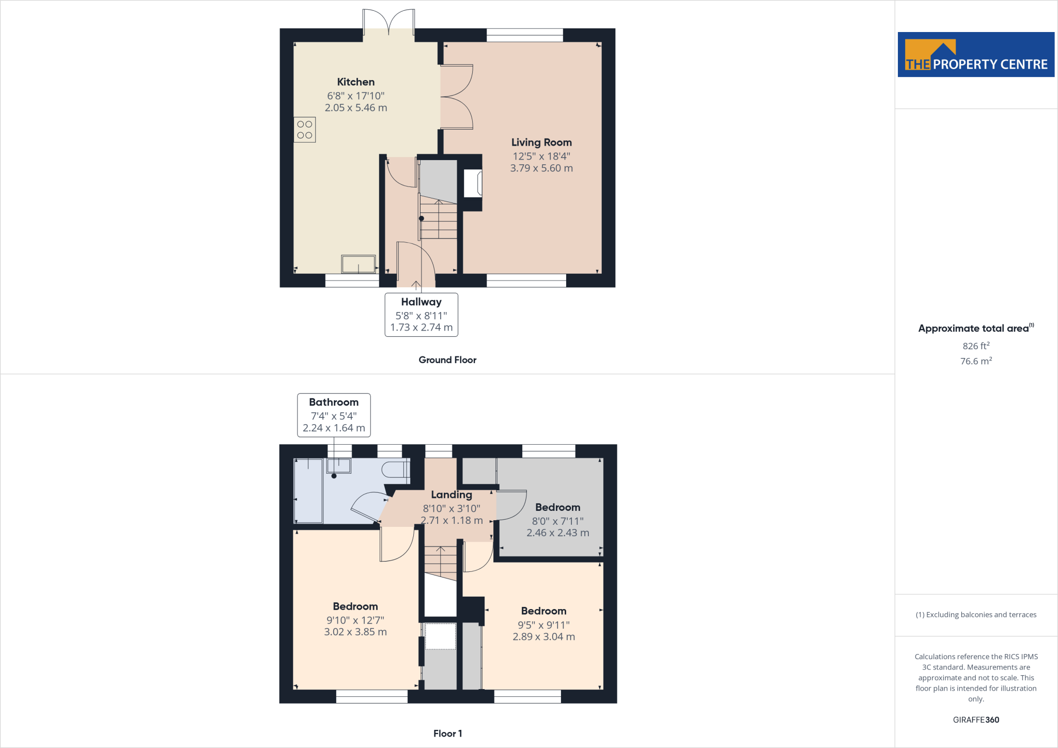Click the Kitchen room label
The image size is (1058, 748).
point(355,82)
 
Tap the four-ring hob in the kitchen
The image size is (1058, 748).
point(305,130)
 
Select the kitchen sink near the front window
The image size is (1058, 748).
point(358,264)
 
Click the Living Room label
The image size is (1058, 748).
point(541,142)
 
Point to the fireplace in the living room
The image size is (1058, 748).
point(473,183)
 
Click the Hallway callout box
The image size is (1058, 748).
point(421,315)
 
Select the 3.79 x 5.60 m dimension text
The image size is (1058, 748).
point(541,168)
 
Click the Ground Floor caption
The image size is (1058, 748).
point(447,360)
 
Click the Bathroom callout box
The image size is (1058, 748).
point(334,415)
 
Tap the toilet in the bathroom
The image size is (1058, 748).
point(395,470)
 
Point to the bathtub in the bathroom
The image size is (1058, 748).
point(308,490)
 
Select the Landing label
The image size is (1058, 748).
point(452,494)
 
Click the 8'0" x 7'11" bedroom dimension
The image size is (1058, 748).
point(557,521)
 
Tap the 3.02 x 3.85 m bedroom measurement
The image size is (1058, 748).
point(355,632)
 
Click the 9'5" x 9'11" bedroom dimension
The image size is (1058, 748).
point(543,625)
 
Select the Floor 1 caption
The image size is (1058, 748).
point(447,733)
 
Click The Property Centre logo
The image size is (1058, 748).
point(976,55)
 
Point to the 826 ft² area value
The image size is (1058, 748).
point(976,346)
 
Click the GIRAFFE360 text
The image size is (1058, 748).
point(976,720)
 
